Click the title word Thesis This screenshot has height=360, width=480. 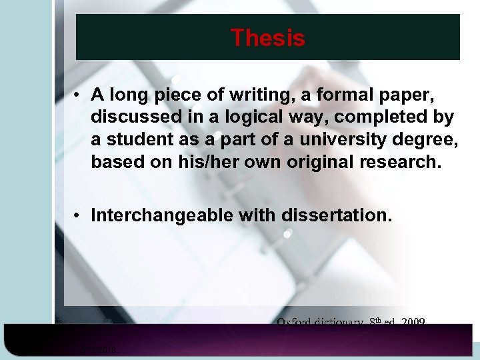267,38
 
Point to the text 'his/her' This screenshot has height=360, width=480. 209,162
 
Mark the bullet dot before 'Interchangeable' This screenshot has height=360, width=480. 78,216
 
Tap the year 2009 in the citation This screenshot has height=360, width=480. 413,322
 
